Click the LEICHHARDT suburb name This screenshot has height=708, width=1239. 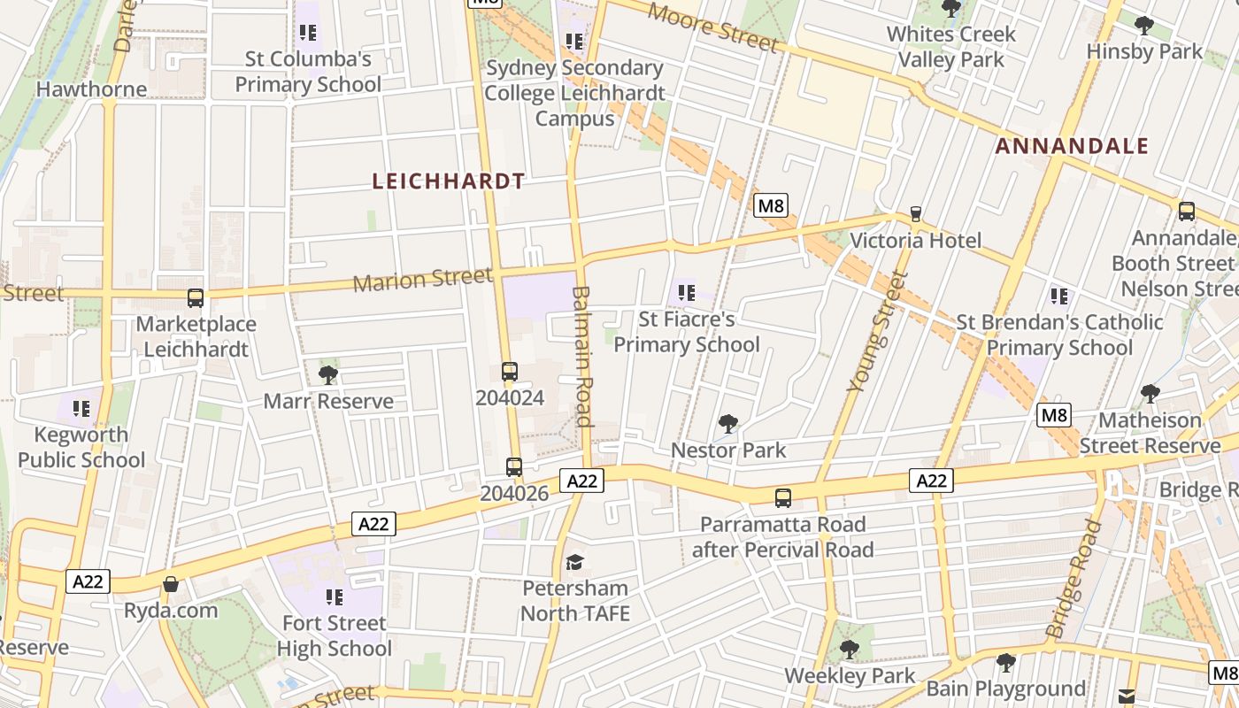(448, 181)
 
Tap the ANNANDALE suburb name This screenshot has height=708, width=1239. (1072, 146)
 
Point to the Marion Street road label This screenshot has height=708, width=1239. (422, 280)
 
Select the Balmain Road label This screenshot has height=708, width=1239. (581, 356)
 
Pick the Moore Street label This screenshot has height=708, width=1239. (712, 27)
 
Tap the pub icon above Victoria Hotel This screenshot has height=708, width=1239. (915, 214)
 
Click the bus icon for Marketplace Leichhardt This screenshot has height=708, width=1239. (196, 298)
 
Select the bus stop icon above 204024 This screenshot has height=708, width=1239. (509, 372)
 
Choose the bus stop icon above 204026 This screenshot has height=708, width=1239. (513, 466)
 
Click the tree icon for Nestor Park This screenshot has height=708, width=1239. (727, 424)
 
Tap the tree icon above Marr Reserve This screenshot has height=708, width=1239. (328, 374)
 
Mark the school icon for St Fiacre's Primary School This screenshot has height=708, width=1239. (686, 292)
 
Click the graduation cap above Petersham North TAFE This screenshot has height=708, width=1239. (575, 562)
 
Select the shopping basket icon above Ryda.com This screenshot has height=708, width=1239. (171, 584)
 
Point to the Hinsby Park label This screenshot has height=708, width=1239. (1144, 51)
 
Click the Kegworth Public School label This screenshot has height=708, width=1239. (81, 447)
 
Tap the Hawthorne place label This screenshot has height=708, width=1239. (91, 89)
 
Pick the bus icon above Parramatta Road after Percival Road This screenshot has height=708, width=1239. (782, 498)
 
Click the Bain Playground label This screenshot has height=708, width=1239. (1005, 689)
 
